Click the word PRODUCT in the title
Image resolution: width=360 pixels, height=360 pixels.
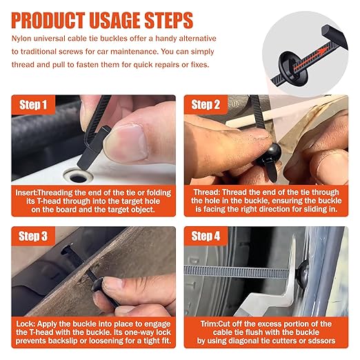(x=48, y=21)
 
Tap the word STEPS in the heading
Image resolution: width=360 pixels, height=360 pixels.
(x=168, y=21)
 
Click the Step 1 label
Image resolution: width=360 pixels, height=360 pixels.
(x=33, y=105)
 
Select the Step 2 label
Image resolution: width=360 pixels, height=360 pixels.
(x=206, y=105)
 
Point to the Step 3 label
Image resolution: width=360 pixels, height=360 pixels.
(x=33, y=237)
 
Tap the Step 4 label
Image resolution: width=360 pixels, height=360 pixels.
(x=206, y=237)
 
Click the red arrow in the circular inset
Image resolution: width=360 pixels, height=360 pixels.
(x=309, y=58)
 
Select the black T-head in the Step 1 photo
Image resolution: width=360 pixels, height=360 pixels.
(x=93, y=147)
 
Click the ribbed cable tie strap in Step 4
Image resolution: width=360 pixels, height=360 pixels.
(x=237, y=272)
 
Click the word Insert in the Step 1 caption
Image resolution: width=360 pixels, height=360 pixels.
(x=26, y=192)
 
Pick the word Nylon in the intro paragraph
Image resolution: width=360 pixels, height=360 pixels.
(x=21, y=39)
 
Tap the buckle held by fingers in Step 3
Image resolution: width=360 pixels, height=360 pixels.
(x=97, y=286)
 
